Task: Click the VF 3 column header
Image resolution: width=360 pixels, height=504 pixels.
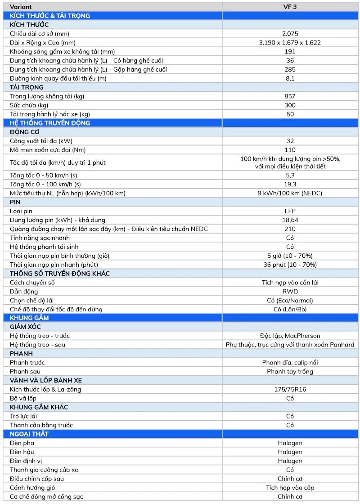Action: (290, 7)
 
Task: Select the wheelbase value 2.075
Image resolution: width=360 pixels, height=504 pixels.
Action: (290, 34)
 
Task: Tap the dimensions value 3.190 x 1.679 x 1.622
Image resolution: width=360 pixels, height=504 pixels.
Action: (290, 43)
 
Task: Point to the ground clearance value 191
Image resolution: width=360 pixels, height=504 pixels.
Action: (290, 52)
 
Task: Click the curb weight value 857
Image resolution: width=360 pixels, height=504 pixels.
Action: (290, 96)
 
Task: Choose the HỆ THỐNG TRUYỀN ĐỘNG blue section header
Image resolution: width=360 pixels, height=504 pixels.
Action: (50, 123)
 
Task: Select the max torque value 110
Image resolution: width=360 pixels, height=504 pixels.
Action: (290, 150)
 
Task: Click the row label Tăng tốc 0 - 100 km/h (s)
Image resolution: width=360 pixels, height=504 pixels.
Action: (45, 184)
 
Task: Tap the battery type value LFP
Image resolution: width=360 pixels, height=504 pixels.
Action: (290, 211)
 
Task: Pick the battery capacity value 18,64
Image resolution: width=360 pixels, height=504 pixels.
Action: (290, 220)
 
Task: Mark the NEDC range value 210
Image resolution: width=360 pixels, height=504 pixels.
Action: (290, 229)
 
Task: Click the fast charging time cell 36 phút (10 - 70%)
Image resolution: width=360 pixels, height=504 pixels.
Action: (290, 265)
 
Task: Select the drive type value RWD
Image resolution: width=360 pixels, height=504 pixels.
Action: (290, 291)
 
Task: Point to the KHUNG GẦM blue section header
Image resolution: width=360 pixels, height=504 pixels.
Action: (29, 318)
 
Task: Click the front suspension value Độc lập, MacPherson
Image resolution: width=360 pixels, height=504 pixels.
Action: (290, 336)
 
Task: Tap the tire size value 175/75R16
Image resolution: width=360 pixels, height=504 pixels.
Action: (290, 389)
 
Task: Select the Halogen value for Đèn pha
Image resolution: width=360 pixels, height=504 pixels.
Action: (290, 443)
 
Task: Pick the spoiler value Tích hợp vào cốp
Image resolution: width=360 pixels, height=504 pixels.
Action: (290, 487)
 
